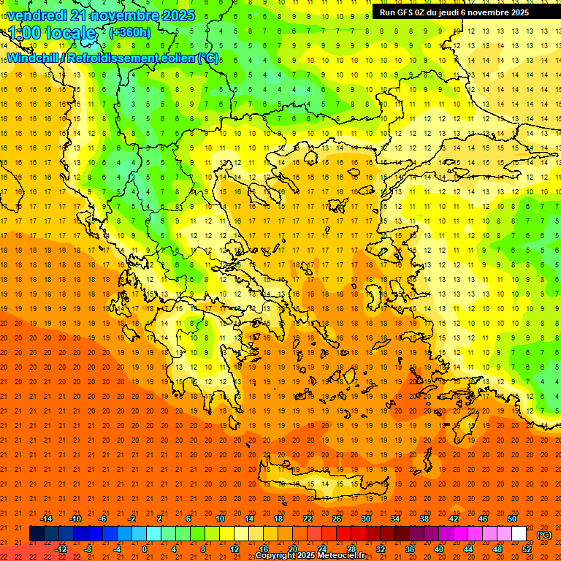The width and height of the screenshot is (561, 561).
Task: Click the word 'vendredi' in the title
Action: tap(37, 15)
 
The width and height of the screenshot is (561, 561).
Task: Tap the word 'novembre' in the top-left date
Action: tap(125, 15)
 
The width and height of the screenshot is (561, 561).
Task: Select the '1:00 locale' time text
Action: tap(53, 33)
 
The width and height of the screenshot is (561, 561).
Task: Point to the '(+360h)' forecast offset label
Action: tap(130, 33)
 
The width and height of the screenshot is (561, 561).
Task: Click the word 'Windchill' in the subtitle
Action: tap(34, 58)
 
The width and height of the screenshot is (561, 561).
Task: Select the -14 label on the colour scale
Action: tap(46, 519)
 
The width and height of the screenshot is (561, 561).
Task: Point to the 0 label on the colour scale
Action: tap(144, 549)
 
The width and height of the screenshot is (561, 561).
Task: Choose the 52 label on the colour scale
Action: tap(527, 549)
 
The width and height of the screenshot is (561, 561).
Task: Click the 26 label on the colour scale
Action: tap(337, 519)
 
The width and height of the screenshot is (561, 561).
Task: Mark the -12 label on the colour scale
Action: tap(61, 549)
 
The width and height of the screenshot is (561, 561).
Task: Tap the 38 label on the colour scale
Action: tap(424, 519)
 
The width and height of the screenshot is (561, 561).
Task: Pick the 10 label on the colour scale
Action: tap(219, 519)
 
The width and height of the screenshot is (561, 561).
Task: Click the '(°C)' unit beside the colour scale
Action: tap(544, 535)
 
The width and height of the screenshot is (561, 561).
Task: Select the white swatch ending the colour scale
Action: tap(519, 534)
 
